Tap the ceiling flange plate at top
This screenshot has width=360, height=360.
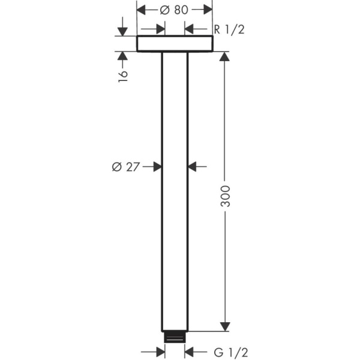(x=175, y=44)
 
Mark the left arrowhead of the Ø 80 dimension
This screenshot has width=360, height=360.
(x=143, y=8)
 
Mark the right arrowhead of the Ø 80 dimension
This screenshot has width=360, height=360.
(x=207, y=8)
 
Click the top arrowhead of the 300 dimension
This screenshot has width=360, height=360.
(x=225, y=57)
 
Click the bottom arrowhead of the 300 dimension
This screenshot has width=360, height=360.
(x=225, y=326)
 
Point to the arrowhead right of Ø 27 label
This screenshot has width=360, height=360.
(x=157, y=167)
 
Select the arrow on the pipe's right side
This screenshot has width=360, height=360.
(x=193, y=167)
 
